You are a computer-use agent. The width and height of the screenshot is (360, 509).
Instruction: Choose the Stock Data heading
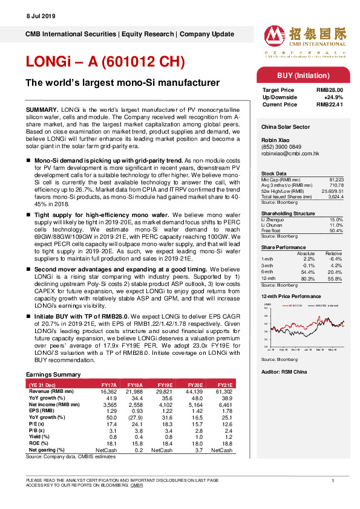pos(274,173)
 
